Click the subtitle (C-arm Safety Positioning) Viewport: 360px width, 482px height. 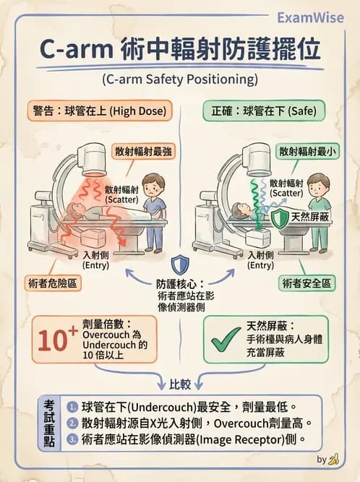[x=179, y=79]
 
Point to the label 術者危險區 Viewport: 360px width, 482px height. [x=53, y=283]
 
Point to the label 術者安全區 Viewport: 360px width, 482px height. [x=309, y=283]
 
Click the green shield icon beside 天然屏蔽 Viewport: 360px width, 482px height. [x=278, y=218]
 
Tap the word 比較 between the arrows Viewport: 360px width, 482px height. [x=180, y=382]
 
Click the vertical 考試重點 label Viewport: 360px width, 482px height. [x=49, y=423]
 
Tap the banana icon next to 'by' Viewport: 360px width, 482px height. [x=333, y=459]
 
